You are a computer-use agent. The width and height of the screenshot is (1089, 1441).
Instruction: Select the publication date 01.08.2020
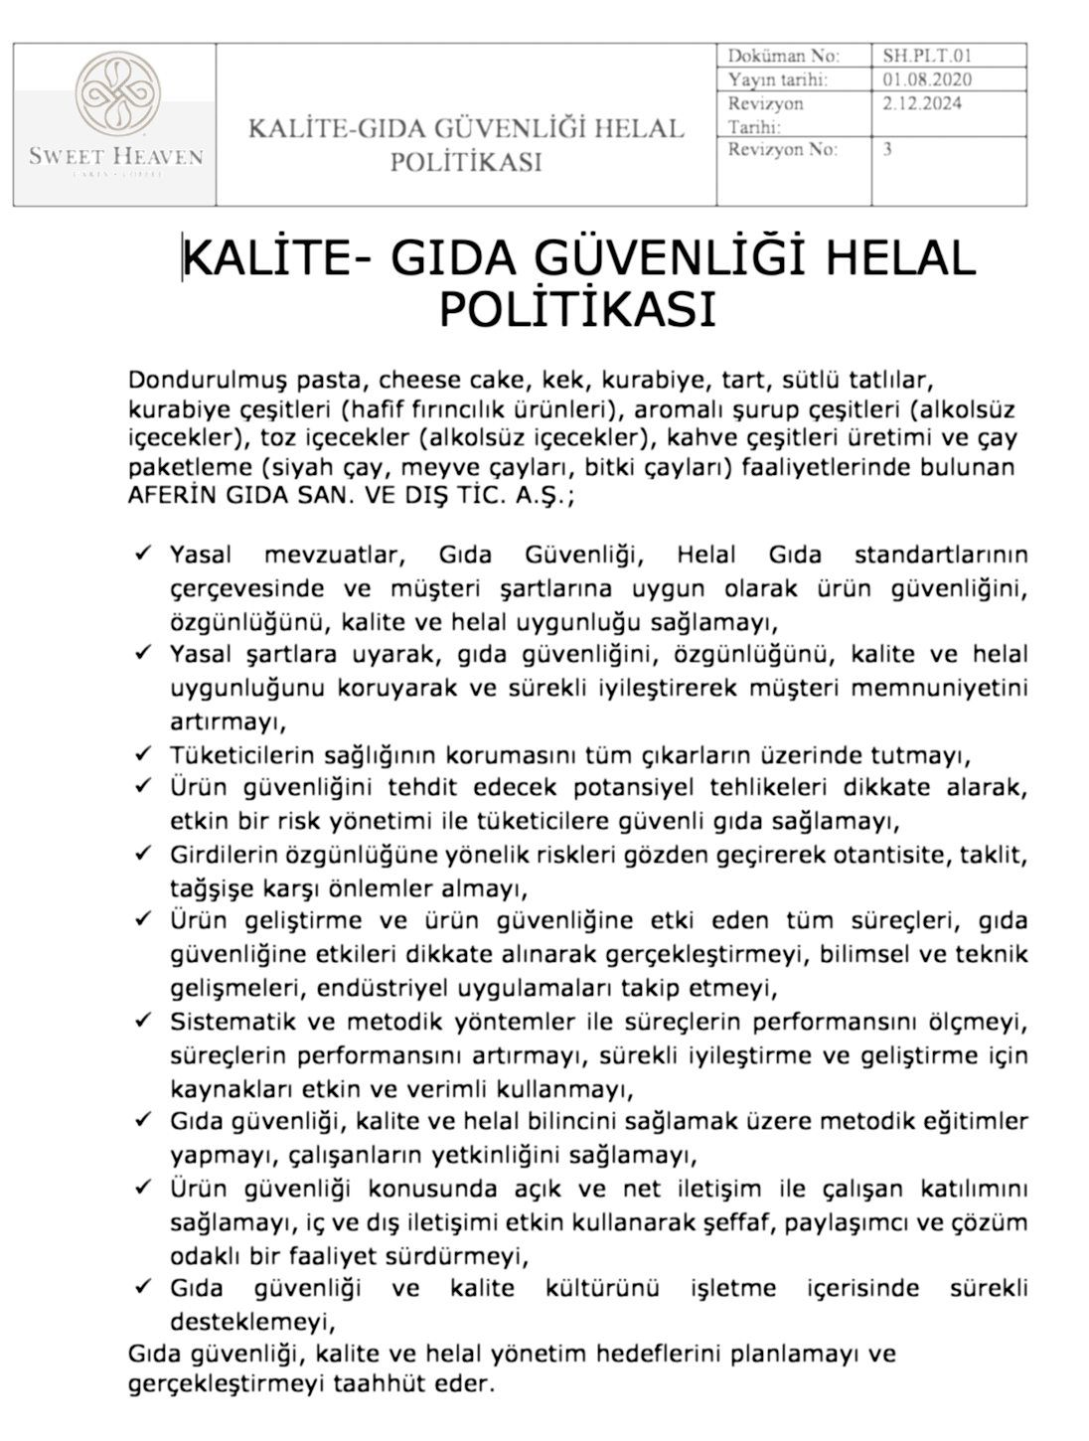pyautogui.click(x=926, y=80)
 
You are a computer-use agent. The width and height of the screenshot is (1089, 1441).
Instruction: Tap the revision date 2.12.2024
pyautogui.click(x=921, y=103)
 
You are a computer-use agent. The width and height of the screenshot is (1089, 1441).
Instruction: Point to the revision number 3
pyautogui.click(x=886, y=149)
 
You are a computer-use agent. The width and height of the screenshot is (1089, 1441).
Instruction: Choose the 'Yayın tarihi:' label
pyautogui.click(x=777, y=80)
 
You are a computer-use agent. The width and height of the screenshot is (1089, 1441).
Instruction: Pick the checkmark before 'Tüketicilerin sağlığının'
pyautogui.click(x=143, y=753)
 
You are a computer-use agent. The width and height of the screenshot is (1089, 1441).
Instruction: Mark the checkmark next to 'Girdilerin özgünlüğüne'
pyautogui.click(x=143, y=854)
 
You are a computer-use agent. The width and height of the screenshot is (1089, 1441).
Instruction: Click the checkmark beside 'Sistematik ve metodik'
pyautogui.click(x=143, y=1021)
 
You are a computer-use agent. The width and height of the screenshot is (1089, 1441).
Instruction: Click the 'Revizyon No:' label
pyautogui.click(x=782, y=150)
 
